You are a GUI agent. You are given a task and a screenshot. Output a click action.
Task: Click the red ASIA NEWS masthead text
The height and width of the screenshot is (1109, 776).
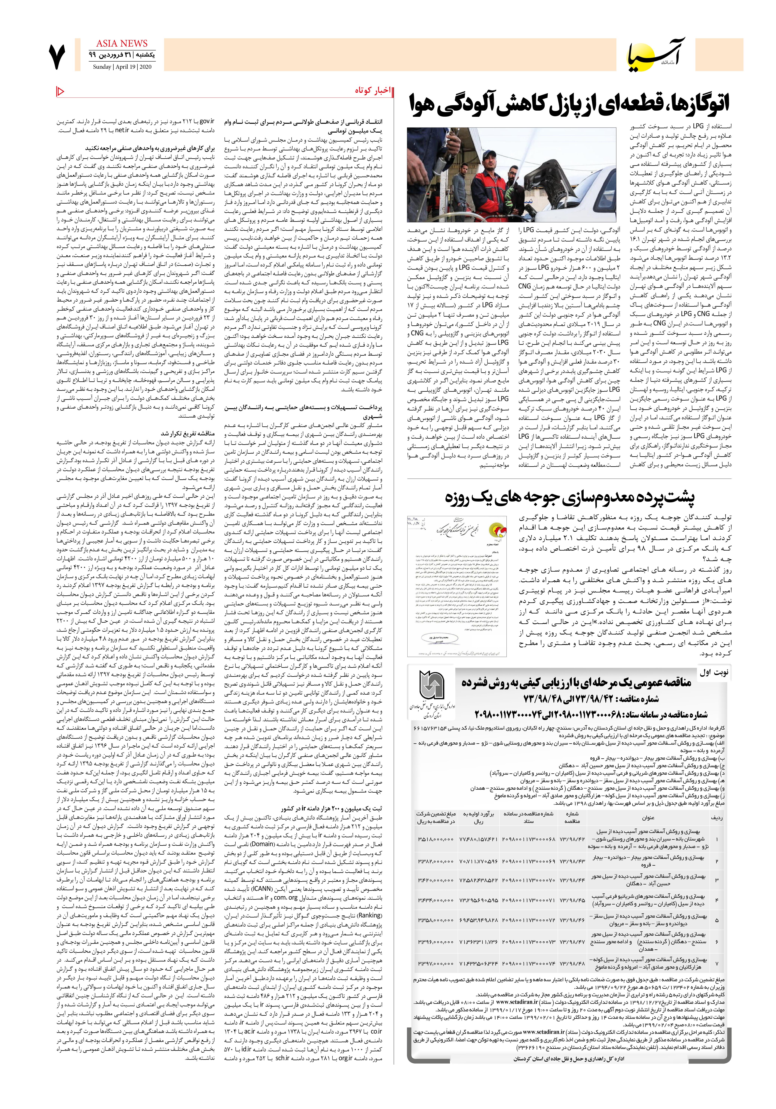pos(122,44)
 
